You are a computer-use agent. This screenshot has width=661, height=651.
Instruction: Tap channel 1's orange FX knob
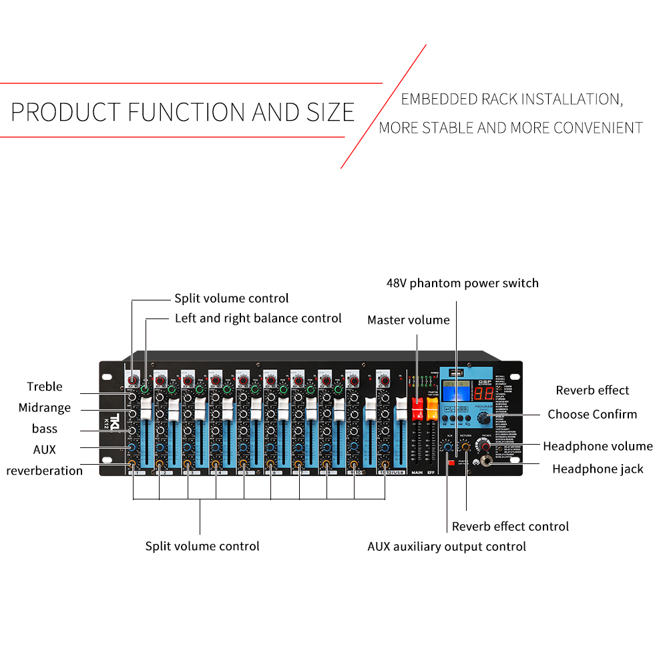[132, 463]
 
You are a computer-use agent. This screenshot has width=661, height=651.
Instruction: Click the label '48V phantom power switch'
[462, 283]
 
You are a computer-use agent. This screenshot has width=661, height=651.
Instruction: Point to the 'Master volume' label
[408, 320]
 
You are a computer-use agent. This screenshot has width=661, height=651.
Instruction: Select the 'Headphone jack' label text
[598, 469]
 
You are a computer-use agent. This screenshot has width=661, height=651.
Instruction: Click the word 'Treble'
[45, 387]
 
